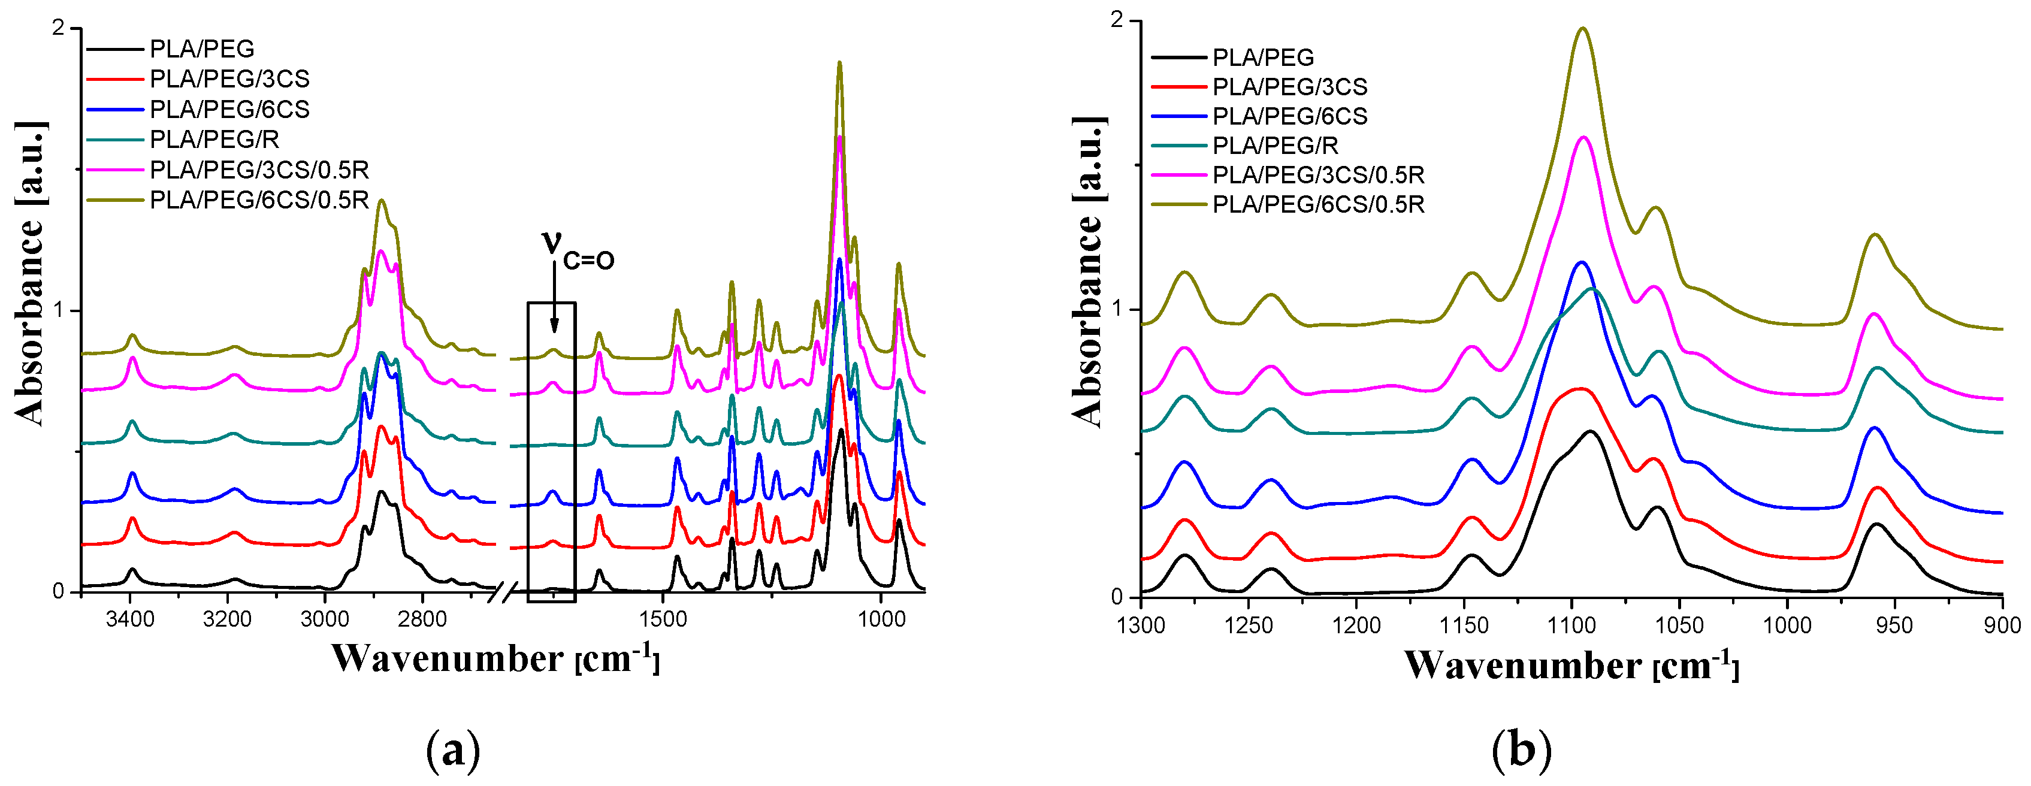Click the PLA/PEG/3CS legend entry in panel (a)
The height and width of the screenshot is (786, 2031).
(229, 79)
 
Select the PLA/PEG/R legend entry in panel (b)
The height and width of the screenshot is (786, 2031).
(1275, 146)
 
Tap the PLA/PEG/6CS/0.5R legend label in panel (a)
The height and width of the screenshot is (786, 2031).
(259, 200)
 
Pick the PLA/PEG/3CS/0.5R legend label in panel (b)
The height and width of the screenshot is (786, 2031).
(1318, 175)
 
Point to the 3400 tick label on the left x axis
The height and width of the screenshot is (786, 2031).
(130, 619)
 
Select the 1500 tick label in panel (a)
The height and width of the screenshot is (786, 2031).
(664, 619)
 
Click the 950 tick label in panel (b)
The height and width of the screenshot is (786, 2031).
(1894, 626)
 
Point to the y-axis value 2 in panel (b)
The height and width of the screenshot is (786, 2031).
(1116, 22)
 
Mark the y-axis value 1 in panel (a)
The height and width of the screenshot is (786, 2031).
(58, 310)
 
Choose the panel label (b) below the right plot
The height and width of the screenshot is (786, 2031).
(1521, 751)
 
